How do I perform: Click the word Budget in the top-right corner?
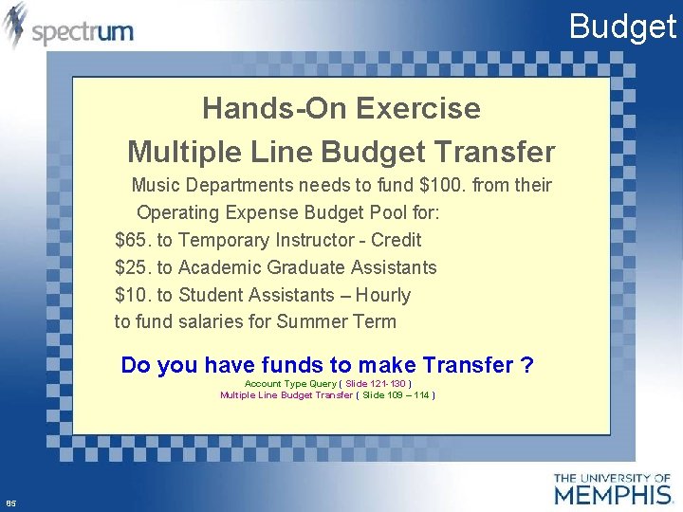[622, 26]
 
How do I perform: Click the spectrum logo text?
[83, 32]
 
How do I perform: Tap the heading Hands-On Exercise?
[341, 108]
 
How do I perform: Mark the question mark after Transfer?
[526, 365]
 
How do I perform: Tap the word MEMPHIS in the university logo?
[613, 494]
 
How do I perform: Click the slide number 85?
[10, 503]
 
